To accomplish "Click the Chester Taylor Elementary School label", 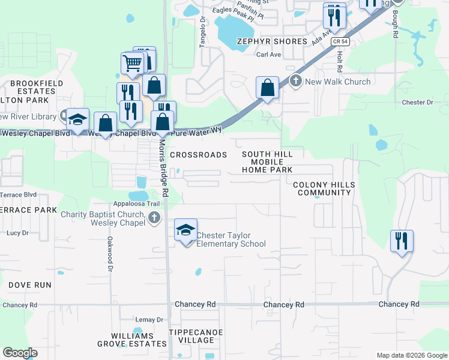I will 231,239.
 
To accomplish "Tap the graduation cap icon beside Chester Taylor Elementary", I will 186,230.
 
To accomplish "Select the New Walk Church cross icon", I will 295,81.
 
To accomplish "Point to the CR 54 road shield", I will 340,41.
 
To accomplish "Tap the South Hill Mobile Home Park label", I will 267,162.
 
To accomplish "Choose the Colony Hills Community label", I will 324,188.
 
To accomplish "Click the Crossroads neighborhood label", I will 198,155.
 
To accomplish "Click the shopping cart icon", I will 132,61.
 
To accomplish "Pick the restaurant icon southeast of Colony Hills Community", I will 402,241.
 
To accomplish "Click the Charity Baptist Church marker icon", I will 155,218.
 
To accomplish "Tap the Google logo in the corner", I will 20,353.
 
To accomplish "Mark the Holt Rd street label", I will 339,58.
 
